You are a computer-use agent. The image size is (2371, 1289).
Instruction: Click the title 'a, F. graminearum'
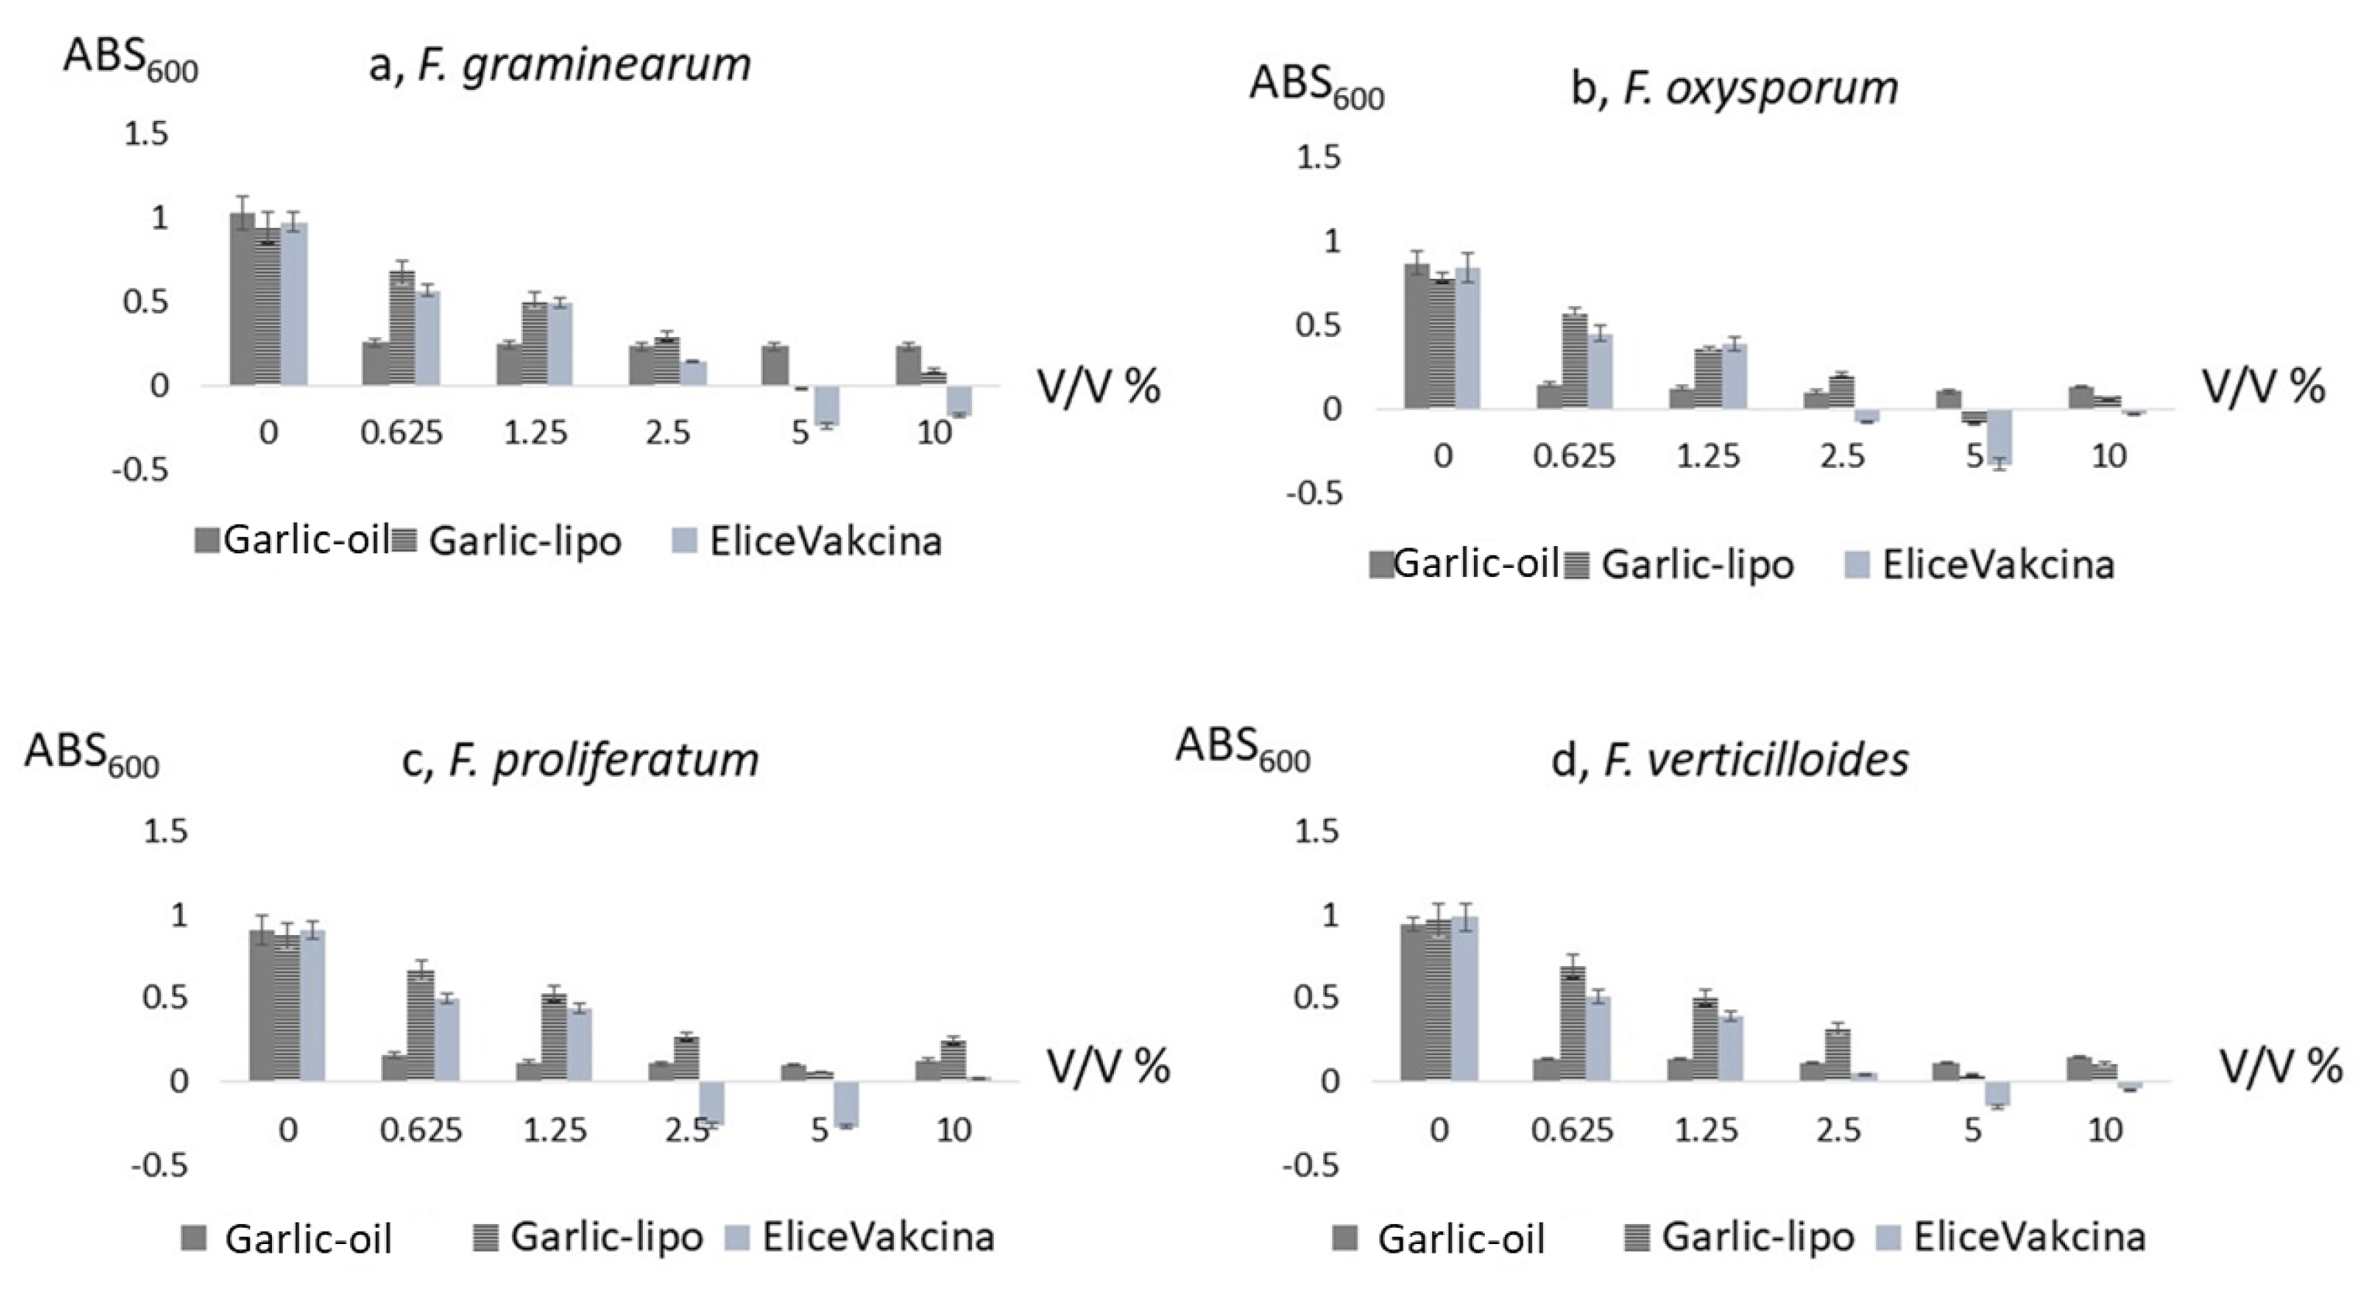click(559, 65)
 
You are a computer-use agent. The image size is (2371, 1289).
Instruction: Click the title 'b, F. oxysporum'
click(1734, 89)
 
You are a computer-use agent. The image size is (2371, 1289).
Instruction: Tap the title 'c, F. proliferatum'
click(581, 761)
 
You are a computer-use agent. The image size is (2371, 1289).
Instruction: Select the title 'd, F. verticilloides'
click(1730, 761)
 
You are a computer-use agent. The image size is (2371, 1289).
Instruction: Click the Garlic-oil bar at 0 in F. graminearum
click(242, 299)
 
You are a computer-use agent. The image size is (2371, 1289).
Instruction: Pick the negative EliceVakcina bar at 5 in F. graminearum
click(826, 405)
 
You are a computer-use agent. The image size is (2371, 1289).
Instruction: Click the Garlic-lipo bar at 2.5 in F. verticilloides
click(1838, 1055)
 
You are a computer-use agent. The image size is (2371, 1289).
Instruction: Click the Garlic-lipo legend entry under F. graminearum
click(507, 541)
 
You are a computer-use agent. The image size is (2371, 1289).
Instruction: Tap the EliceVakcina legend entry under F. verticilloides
click(2011, 1237)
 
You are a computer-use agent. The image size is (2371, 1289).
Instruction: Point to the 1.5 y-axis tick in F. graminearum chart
click(146, 135)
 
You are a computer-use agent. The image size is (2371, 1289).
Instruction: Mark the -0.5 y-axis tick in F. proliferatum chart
click(160, 1167)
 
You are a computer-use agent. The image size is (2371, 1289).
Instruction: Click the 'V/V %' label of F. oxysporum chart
click(2263, 387)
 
